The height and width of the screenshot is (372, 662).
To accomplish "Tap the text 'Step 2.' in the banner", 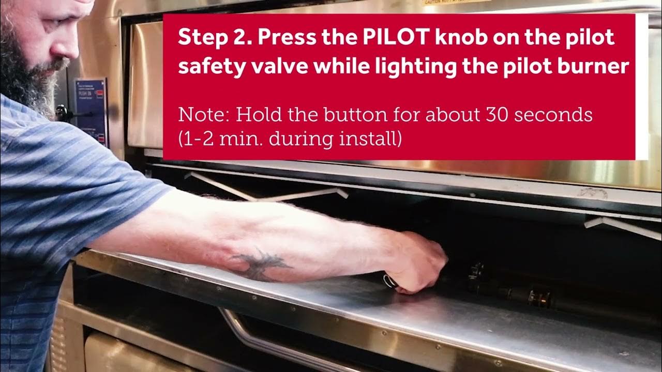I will (214, 38).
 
